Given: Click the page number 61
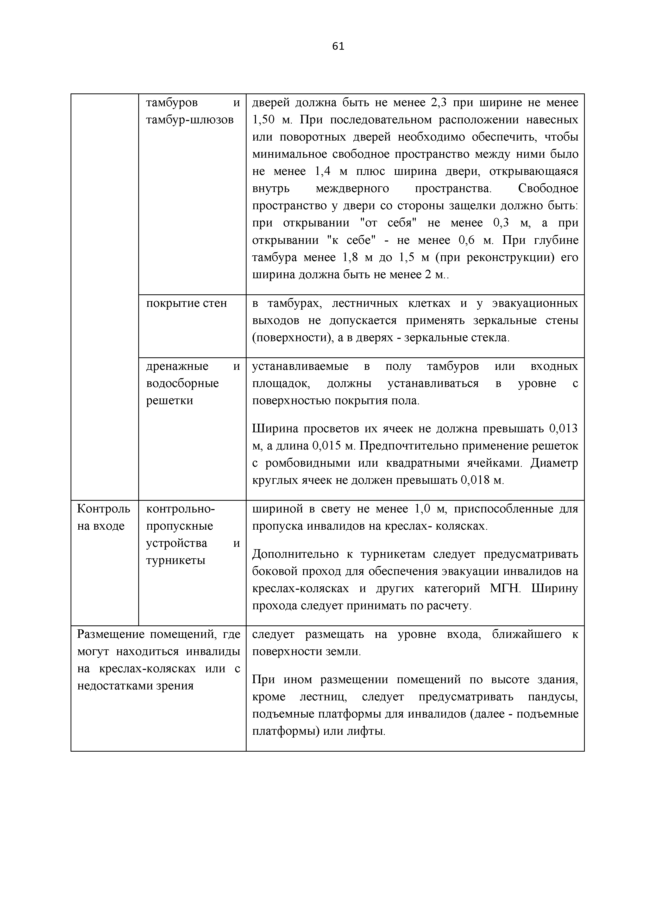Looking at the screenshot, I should click(x=338, y=47).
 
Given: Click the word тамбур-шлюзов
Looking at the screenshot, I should click(x=190, y=120).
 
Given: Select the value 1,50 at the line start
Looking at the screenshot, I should click(x=263, y=120).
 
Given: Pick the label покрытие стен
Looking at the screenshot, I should click(x=186, y=303).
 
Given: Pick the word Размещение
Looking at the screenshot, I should click(x=110, y=634).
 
